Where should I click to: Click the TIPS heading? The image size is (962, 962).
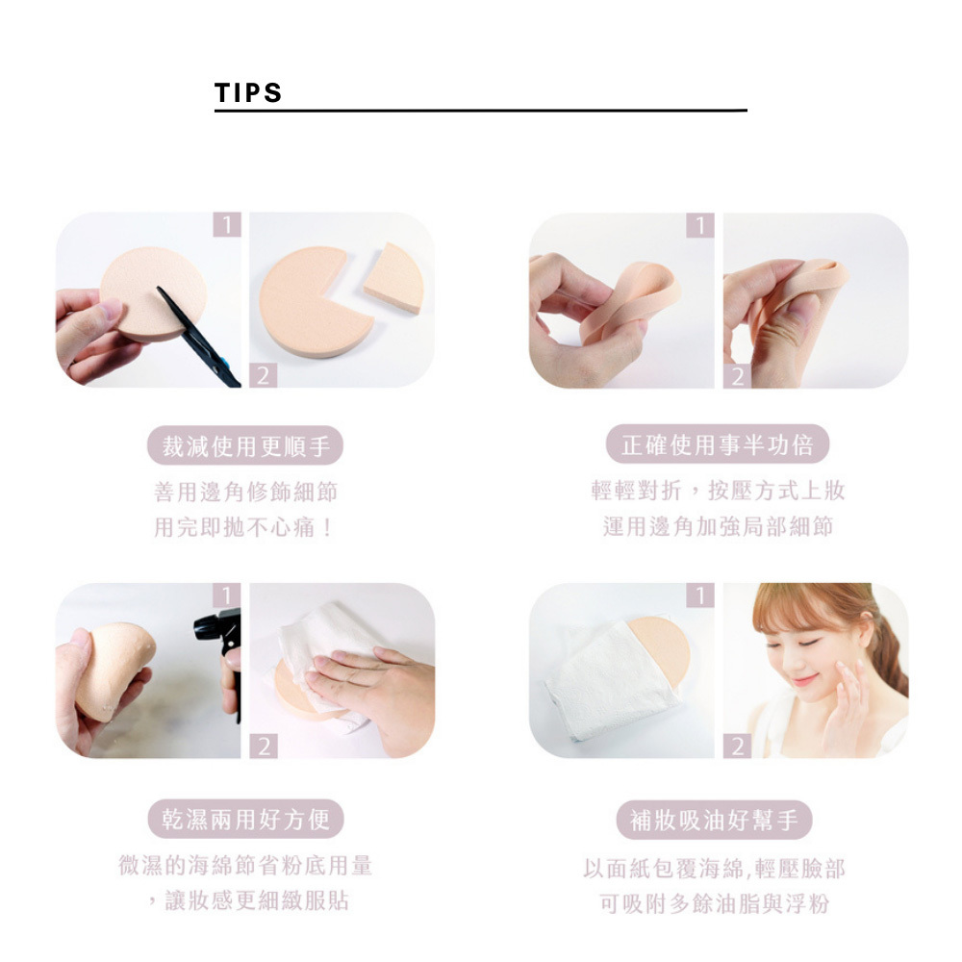coord(248,92)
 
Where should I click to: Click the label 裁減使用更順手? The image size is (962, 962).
coord(245,445)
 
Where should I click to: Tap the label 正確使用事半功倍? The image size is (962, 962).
coord(718,444)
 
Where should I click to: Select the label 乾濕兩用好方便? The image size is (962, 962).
coord(245,819)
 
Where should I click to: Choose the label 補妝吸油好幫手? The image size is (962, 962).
coord(714,820)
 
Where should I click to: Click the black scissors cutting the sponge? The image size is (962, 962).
coord(199,338)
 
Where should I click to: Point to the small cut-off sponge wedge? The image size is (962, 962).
coord(393,278)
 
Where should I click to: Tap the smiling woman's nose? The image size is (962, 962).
coord(797,665)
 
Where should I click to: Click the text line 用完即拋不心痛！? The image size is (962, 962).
coord(244,527)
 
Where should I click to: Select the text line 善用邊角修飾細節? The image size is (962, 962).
coord(245,492)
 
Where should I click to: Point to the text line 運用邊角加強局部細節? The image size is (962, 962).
coord(718,526)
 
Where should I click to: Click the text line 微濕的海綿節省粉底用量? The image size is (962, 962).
coord(245,865)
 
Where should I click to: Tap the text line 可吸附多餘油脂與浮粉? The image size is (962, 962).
coord(715,903)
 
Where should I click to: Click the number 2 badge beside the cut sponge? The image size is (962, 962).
coord(264,375)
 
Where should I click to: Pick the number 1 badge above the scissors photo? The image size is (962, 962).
coord(227,224)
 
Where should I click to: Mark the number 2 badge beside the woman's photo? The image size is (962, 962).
coord(738,747)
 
